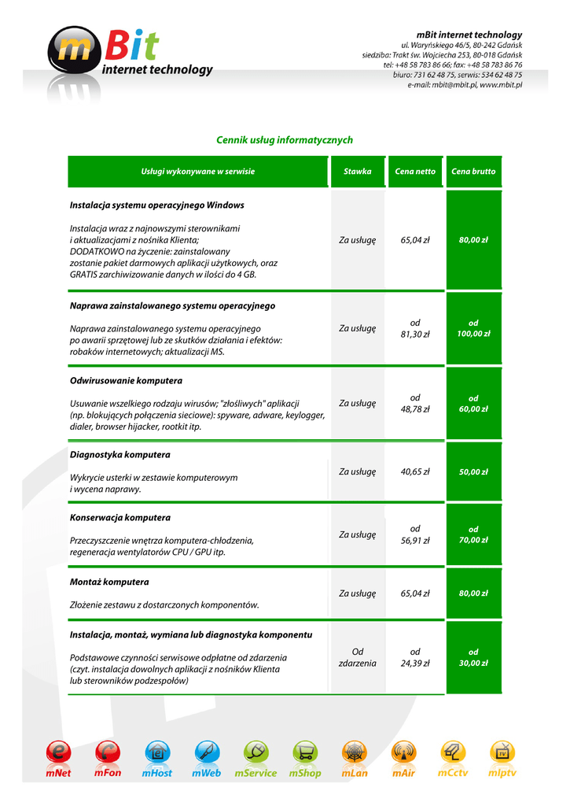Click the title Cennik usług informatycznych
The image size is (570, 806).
[x=285, y=140]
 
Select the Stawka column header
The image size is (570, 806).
[x=357, y=172]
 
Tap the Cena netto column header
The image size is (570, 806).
[x=415, y=172]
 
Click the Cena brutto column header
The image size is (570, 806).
[x=473, y=172]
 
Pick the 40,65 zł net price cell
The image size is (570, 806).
[x=415, y=472]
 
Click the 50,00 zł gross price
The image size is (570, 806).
[x=473, y=472]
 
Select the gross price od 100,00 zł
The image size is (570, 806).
[x=473, y=328]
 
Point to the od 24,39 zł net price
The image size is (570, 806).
[x=415, y=657]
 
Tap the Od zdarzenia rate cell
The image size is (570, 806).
[x=357, y=657]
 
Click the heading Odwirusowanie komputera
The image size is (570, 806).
[x=126, y=381]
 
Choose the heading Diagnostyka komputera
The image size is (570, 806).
[x=120, y=455]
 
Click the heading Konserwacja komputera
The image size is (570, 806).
[x=120, y=518]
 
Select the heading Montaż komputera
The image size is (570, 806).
[x=109, y=582]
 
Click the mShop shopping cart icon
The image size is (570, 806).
[x=305, y=752]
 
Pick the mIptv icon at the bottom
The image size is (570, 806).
[x=502, y=752]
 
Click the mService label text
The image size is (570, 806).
[x=256, y=774]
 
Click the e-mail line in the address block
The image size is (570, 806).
[x=465, y=84]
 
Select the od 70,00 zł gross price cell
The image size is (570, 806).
[x=473, y=534]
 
